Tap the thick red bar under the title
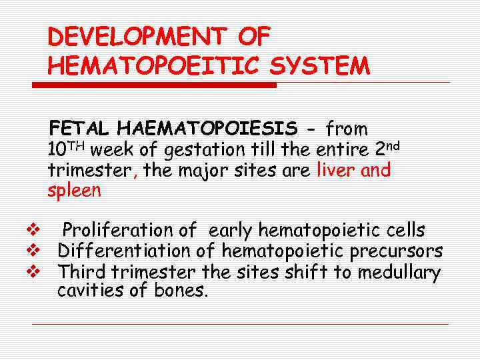click(x=154, y=85)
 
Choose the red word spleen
click(x=74, y=191)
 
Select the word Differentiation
click(x=137, y=251)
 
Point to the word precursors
click(x=393, y=251)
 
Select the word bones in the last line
click(x=181, y=291)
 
